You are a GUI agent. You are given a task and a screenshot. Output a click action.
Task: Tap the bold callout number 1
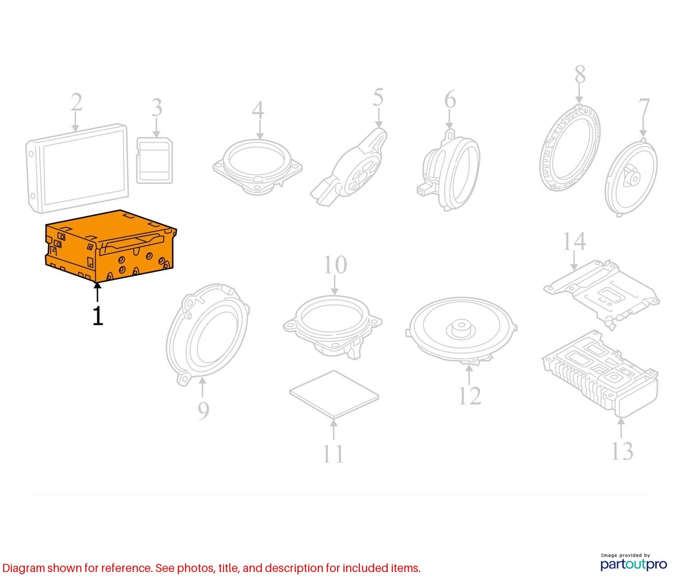pos(98,316)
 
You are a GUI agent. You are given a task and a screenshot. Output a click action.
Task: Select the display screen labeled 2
pos(77,169)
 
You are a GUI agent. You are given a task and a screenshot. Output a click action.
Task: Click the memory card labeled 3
pos(154,161)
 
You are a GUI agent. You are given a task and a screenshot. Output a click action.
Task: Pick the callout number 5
pos(378,97)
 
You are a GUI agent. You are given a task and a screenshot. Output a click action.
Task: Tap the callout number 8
pos(580,74)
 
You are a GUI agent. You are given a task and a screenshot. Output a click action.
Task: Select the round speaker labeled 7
pos(631,177)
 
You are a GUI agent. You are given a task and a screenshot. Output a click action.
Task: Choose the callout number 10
pos(335,264)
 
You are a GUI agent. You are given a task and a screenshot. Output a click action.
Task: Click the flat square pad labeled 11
pos(334,394)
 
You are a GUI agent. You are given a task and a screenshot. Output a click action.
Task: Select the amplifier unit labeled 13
pos(600,373)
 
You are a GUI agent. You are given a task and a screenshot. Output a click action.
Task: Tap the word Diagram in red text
pos(23,568)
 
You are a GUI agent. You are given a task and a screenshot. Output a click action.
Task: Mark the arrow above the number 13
pos(621,428)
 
